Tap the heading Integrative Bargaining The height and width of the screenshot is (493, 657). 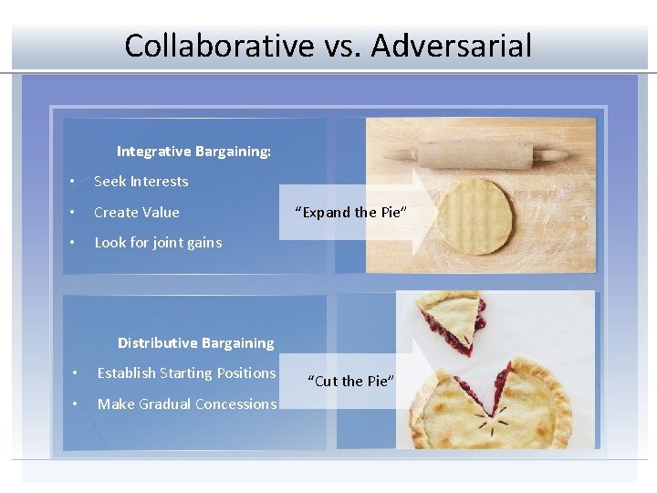coord(193,152)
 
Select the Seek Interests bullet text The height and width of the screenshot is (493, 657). coord(141,182)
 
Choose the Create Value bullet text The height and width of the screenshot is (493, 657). coord(136,213)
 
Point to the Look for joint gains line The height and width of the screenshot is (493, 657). coord(157,243)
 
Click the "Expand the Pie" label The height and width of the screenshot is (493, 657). coord(351,213)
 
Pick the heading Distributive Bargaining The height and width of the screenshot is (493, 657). coord(195,343)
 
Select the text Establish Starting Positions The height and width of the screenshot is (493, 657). coord(186,373)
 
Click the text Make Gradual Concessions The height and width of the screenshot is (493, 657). coord(186,404)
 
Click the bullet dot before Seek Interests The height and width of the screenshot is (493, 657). coord(71,182)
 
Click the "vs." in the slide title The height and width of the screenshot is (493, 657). coord(332,45)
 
